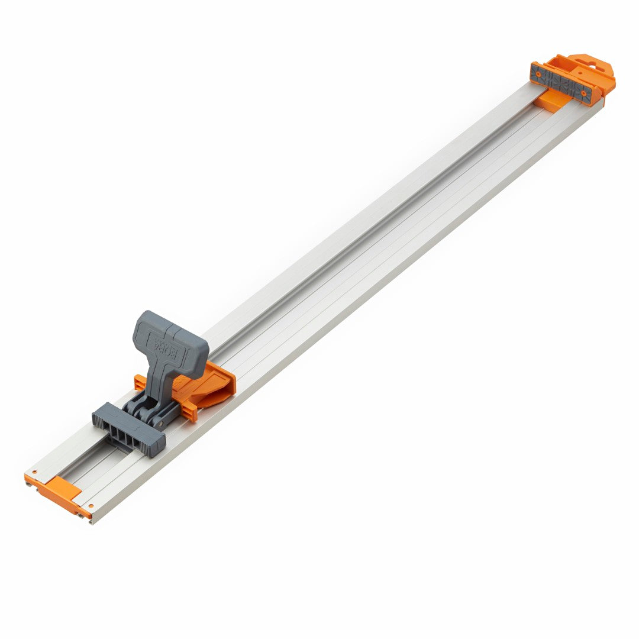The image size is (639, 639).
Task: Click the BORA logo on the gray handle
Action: pyautogui.click(x=170, y=345)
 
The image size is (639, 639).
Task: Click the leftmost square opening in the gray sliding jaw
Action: pyautogui.click(x=107, y=419)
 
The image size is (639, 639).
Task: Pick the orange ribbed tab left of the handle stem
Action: pyautogui.click(x=140, y=383)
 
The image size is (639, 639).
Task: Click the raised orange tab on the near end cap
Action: pyautogui.click(x=63, y=488)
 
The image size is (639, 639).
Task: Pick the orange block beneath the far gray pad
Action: pyautogui.click(x=550, y=102)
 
